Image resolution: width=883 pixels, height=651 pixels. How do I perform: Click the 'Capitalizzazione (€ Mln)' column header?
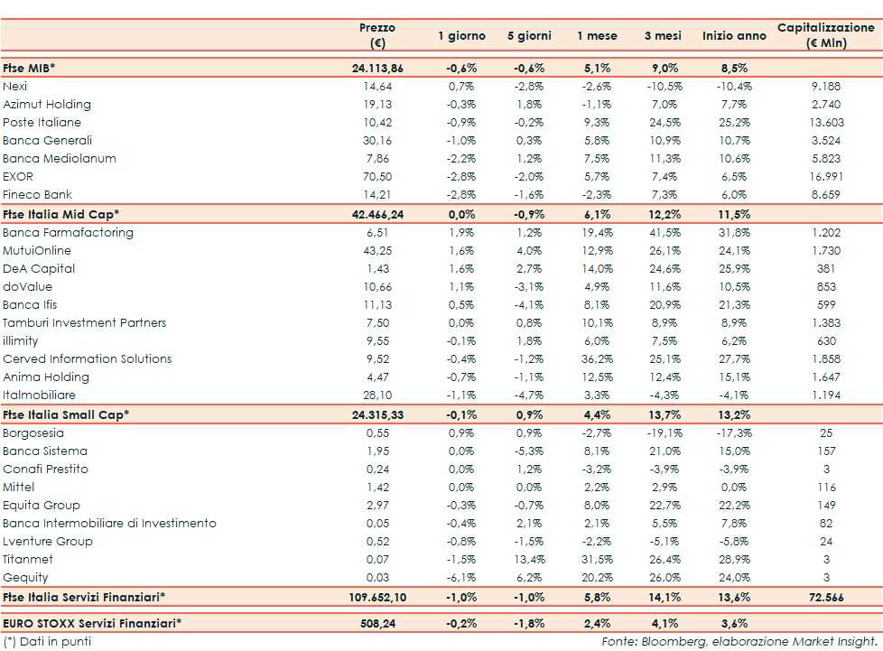pos(825,35)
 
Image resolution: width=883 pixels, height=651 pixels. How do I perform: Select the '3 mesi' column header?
pos(663,36)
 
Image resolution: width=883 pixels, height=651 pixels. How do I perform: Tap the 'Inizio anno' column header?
pos(733,36)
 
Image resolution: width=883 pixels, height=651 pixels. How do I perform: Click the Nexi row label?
pos(15,86)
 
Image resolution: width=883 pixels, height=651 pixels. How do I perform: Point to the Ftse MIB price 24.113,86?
pos(376,68)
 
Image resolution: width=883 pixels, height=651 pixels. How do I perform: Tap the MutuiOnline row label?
pos(37,250)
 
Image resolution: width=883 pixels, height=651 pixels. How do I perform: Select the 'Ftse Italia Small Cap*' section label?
pos(66,414)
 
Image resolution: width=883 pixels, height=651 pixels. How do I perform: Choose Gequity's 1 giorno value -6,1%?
pos(461,577)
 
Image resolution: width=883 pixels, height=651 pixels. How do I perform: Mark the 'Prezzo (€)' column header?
pos(376,35)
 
